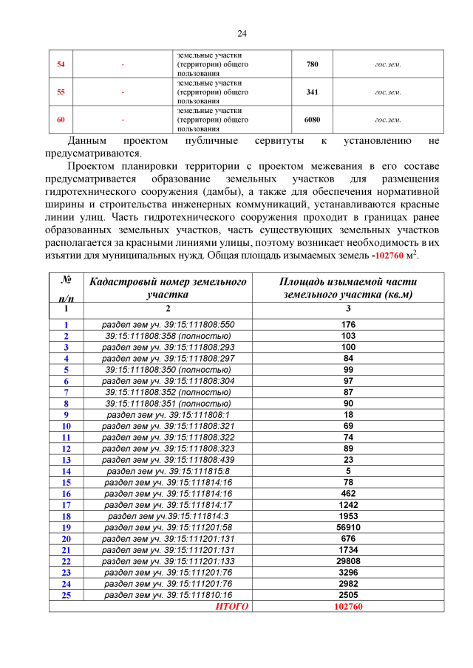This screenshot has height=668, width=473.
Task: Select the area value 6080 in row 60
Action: point(312,119)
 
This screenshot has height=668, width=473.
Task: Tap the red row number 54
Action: point(61,64)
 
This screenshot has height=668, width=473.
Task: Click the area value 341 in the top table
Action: point(312,92)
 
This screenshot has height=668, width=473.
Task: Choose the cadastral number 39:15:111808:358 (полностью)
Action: point(168,336)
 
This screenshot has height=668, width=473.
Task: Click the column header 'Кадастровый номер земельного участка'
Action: point(168,288)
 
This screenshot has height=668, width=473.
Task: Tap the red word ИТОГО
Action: point(232,606)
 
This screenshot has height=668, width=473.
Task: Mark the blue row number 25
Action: point(66,594)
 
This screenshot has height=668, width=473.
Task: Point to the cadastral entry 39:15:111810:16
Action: point(168,594)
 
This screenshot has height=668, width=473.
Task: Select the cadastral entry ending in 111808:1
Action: point(168,415)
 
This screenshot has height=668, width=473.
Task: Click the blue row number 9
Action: point(66,415)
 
